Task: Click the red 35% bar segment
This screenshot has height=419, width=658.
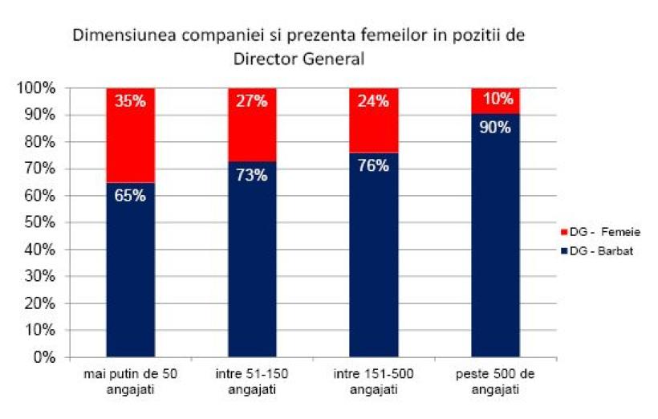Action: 130,135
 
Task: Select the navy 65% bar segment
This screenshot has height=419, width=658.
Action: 130,269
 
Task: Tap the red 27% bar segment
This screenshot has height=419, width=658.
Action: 252,124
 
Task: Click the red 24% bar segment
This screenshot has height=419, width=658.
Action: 374,120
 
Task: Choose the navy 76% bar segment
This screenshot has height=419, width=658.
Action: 374,254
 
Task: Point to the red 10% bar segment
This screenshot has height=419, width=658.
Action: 495,101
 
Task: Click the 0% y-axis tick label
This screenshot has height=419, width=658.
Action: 43,357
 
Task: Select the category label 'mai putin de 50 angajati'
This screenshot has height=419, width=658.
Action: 130,382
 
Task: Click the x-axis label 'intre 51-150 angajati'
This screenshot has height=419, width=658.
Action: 252,382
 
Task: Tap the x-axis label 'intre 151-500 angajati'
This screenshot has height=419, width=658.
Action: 374,382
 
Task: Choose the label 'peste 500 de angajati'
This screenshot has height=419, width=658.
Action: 495,382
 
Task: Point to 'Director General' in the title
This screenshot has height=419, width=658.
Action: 299,59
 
